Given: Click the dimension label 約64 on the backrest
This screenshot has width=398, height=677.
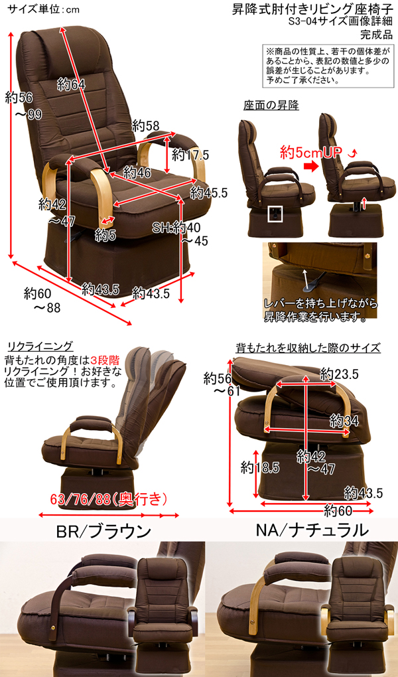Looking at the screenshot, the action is click(71, 85).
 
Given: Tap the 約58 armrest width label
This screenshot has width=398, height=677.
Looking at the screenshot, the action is click(145, 125).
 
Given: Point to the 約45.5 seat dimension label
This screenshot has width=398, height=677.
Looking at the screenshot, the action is click(209, 192).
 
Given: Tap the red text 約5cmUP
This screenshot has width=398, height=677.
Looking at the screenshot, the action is click(311, 152).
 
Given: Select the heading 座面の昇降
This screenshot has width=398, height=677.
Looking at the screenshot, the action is click(271, 106).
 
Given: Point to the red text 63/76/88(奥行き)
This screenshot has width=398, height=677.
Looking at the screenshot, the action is click(108, 499).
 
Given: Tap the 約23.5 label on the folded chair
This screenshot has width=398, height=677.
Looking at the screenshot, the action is click(339, 374).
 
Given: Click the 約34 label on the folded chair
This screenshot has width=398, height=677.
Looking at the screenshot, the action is click(344, 420).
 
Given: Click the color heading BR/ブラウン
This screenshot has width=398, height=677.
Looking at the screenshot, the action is click(103, 530).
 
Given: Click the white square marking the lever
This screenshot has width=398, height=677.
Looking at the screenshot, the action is click(275, 214).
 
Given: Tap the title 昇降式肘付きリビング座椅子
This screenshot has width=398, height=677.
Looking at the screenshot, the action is click(310, 11).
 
